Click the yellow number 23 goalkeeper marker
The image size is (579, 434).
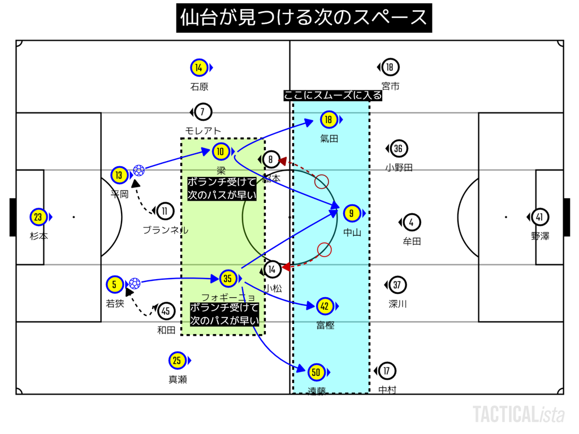point(38,217)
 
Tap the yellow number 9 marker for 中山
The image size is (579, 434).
point(352,214)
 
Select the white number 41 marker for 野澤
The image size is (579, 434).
point(541,217)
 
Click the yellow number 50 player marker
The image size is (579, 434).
point(317,372)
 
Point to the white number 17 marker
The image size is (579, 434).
point(387,371)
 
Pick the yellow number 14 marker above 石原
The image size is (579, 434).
point(198,68)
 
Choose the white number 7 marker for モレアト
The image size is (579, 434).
point(202,112)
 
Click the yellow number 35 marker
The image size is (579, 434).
point(227,278)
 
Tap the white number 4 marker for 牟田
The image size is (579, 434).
point(412,222)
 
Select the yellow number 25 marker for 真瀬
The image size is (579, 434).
point(178,360)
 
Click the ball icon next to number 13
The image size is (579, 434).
point(139,170)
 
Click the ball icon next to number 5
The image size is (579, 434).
point(134,283)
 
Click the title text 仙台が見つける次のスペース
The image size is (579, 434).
point(304,18)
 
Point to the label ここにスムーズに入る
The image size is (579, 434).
point(333,96)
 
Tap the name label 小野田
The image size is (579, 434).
point(399,167)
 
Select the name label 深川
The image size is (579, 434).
point(397,304)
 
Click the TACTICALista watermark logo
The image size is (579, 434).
point(518,414)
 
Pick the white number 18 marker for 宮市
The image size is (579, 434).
point(390,68)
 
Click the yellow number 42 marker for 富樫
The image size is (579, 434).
point(325,306)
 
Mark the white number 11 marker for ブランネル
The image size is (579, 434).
point(165,211)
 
